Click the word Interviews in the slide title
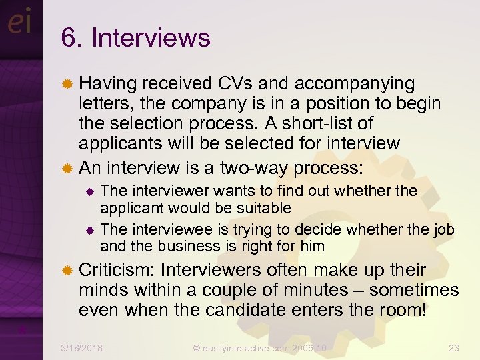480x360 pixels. [x=151, y=38]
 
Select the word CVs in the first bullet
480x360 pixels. [x=236, y=84]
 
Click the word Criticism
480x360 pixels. [x=117, y=270]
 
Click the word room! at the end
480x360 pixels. [x=401, y=310]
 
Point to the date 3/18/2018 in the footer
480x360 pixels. [x=81, y=348]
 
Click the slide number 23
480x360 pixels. [x=454, y=348]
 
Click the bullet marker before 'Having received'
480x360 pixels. [x=67, y=85]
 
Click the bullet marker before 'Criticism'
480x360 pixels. [x=67, y=271]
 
